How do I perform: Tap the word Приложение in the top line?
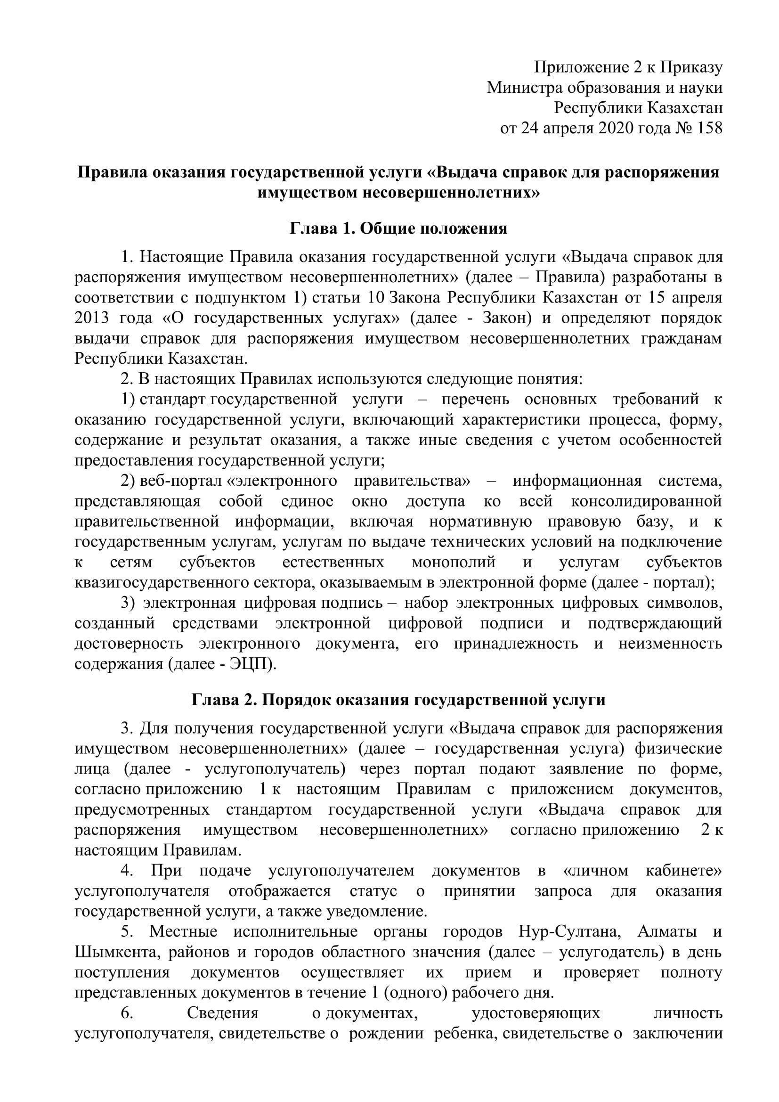coord(577,68)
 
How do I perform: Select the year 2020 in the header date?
coord(620,129)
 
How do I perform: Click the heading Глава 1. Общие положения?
coord(398,228)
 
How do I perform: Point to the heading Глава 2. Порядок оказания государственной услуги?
coord(398,700)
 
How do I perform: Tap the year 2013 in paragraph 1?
coord(92,318)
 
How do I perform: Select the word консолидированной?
coord(647,501)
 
